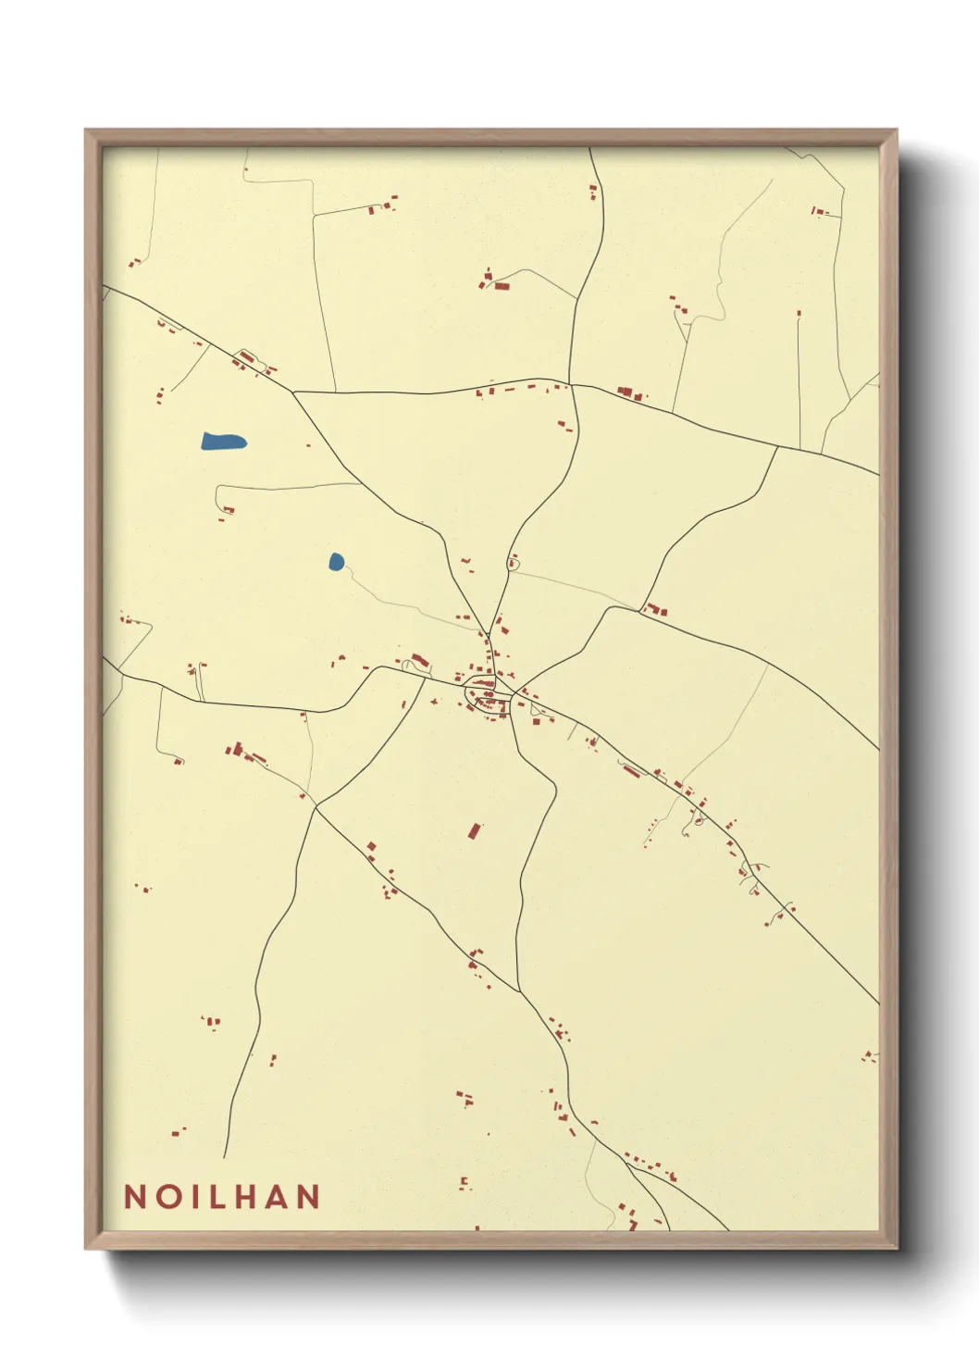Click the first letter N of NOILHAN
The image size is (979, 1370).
pyautogui.click(x=134, y=1196)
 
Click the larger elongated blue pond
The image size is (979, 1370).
pyautogui.click(x=223, y=441)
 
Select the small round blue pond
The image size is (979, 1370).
pyautogui.click(x=336, y=561)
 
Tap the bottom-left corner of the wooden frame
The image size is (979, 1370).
pyautogui.click(x=86, y=1248)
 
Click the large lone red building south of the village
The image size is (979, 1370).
pyautogui.click(x=475, y=830)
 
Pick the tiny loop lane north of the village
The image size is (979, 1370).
pyautogui.click(x=514, y=562)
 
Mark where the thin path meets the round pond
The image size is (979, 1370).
pyautogui.click(x=342, y=567)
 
